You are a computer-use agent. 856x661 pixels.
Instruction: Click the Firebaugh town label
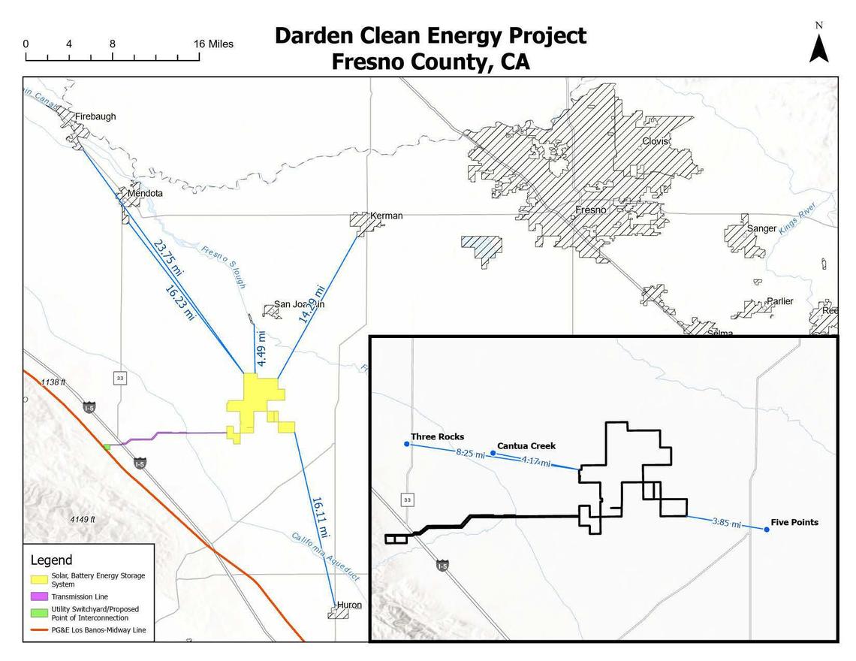(95, 116)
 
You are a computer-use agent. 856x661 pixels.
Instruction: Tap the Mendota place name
(145, 193)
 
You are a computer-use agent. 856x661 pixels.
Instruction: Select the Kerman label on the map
(387, 216)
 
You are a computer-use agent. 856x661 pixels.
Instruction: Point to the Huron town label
(349, 605)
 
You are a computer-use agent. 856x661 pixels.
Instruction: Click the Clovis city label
(655, 141)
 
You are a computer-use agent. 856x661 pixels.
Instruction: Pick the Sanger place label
(761, 228)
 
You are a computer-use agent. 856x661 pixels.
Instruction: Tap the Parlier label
(779, 301)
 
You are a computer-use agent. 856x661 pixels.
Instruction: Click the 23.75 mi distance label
(167, 258)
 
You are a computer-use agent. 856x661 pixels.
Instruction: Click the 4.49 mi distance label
(261, 349)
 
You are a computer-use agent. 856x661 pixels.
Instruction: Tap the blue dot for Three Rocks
(407, 444)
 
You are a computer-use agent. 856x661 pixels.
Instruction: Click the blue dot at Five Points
(767, 530)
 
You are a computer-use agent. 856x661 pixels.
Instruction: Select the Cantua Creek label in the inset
(526, 445)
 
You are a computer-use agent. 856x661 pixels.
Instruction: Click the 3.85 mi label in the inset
(726, 523)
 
